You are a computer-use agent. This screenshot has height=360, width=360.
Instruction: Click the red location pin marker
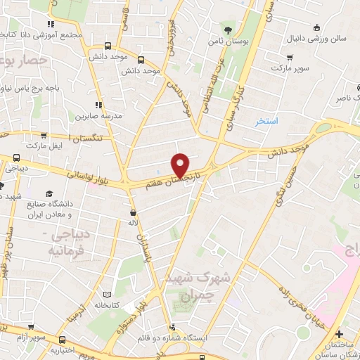point(181,164)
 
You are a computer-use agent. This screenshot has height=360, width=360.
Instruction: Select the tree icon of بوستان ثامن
point(228,30)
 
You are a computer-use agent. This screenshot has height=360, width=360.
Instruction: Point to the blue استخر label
point(266,122)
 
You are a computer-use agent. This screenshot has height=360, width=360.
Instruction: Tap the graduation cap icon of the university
point(49,193)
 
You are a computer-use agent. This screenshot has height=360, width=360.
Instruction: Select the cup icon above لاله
point(133,212)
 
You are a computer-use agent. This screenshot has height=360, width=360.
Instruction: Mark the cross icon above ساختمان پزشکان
point(340,333)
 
